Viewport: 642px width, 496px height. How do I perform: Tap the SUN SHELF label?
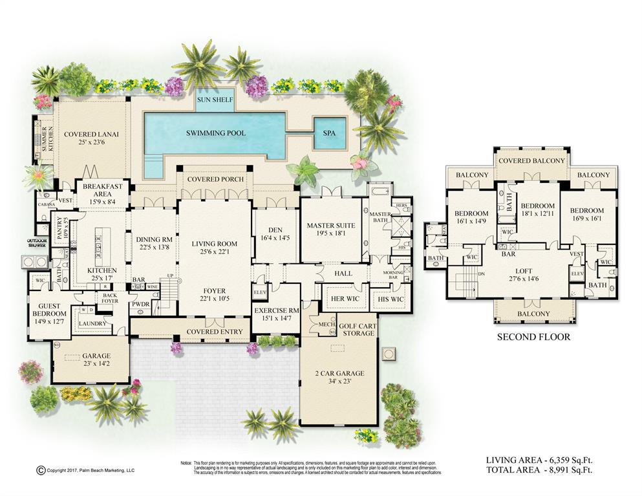[x=215, y=101]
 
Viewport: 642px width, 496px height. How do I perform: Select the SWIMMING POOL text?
[x=216, y=133]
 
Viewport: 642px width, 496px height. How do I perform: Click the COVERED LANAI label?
[x=91, y=135]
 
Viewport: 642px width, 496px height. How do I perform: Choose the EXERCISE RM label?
[x=276, y=310]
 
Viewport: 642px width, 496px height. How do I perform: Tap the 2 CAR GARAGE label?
[x=340, y=373]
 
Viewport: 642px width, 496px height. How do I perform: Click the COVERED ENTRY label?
[x=215, y=332]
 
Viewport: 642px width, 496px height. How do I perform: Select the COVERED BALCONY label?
[x=532, y=161]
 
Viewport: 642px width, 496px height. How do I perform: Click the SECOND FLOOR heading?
[x=533, y=337]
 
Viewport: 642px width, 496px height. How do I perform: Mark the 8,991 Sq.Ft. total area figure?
[x=572, y=470]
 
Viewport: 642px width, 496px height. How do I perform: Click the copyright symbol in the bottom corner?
[x=40, y=470]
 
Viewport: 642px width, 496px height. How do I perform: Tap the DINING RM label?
[x=154, y=239]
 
